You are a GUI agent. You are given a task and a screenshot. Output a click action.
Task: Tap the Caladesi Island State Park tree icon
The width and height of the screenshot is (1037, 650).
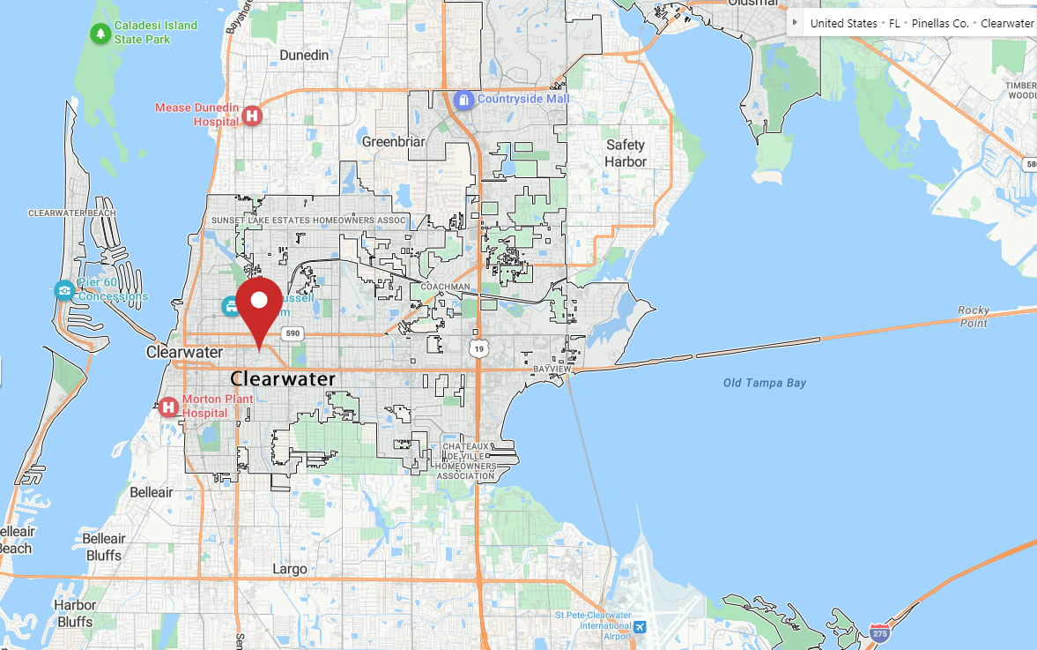tap(100, 34)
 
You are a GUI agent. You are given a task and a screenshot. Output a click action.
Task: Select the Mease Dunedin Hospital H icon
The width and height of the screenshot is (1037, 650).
tap(253, 116)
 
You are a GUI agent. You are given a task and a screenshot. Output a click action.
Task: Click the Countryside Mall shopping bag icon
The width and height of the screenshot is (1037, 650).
tap(463, 100)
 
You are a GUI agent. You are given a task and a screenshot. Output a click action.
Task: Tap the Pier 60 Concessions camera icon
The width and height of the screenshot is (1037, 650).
tap(64, 290)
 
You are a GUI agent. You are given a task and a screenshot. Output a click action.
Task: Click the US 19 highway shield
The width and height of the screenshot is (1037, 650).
tap(478, 349)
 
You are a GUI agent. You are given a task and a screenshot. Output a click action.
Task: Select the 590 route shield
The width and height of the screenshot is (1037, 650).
tap(293, 333)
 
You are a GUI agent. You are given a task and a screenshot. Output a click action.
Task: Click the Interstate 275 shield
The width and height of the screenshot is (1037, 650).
tap(879, 633)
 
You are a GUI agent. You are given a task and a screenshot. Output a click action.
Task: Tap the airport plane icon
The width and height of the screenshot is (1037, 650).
tap(640, 627)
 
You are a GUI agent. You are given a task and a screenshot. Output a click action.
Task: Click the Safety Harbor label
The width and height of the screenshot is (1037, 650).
tap(626, 153)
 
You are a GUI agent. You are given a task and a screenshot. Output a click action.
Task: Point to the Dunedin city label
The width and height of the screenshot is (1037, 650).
tap(304, 55)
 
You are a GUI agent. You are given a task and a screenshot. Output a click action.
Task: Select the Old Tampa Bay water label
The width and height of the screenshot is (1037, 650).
tap(765, 383)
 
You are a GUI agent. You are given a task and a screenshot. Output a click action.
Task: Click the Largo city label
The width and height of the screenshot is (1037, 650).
tap(290, 569)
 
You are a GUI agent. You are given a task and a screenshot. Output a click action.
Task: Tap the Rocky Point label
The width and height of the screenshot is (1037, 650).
tap(974, 317)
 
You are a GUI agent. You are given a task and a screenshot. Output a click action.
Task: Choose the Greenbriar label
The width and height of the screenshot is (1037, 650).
tap(394, 141)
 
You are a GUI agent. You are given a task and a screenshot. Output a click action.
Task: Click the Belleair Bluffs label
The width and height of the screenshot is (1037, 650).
tap(104, 547)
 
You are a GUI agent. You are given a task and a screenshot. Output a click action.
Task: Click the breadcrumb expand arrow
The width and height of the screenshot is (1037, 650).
tap(796, 22)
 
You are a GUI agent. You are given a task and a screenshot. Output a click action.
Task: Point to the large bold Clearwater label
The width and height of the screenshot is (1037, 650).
tap(283, 379)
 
